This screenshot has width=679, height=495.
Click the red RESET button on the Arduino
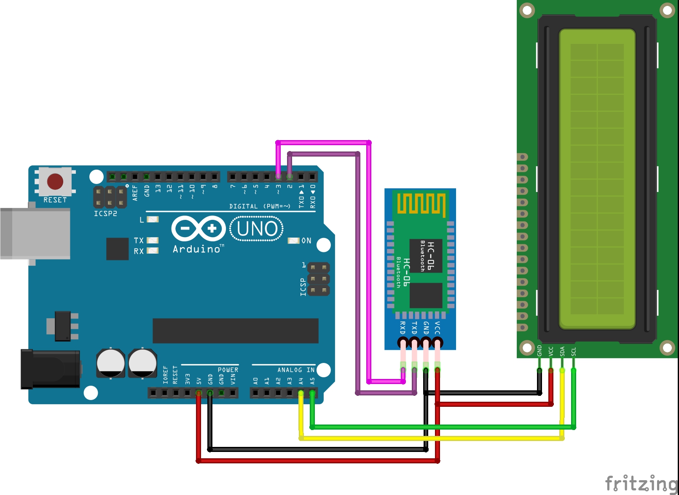[55, 181]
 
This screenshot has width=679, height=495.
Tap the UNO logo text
[257, 229]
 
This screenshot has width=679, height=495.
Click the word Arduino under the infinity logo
[196, 249]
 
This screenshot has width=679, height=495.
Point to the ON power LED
[293, 241]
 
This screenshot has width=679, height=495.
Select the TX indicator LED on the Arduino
[153, 240]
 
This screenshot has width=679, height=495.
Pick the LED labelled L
[153, 219]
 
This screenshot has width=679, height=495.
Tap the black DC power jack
[51, 369]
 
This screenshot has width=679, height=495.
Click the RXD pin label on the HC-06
[403, 328]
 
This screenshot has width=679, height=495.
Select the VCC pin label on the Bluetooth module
[437, 328]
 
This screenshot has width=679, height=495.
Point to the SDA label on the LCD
[562, 351]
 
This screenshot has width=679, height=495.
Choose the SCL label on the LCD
[574, 352]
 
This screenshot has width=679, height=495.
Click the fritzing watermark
[641, 484]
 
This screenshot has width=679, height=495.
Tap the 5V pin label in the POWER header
[199, 381]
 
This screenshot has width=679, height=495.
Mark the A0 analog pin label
[255, 381]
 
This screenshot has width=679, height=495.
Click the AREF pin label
[135, 192]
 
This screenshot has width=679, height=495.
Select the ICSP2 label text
[105, 214]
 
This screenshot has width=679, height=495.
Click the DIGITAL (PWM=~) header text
[260, 206]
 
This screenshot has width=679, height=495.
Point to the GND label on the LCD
[539, 351]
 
